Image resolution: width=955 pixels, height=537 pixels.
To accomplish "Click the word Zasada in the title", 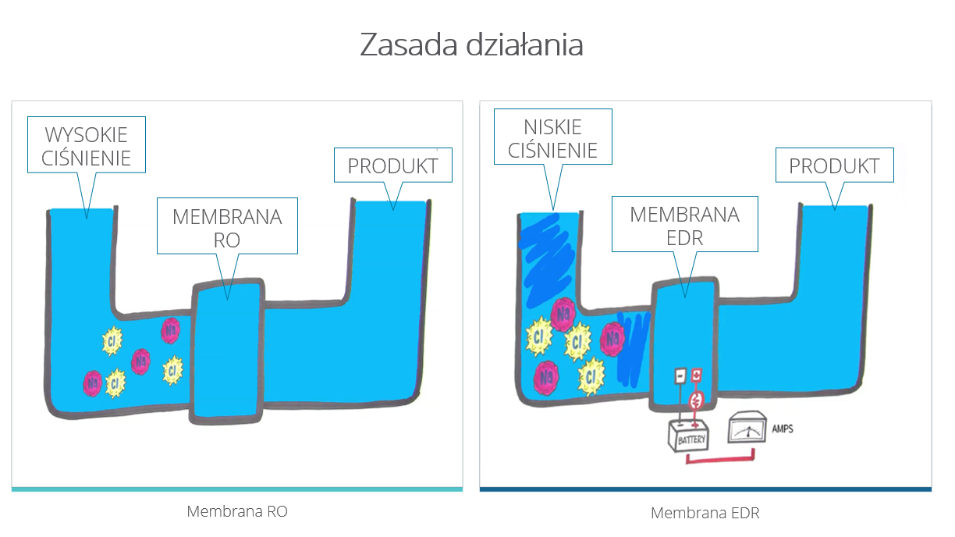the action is pos(408,44).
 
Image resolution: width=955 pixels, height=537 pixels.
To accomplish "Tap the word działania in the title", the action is pos(524,44).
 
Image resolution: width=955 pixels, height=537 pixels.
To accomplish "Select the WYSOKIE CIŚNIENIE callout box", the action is pos(87,144).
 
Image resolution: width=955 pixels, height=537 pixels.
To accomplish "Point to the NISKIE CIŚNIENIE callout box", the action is pos(553,137).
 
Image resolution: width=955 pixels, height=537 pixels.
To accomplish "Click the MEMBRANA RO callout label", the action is pos(227,226).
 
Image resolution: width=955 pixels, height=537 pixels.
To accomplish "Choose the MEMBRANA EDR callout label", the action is pos(685,224).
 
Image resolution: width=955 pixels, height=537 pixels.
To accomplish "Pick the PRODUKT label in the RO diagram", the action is pos(392,165).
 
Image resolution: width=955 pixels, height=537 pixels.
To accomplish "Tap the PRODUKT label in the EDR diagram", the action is pos(834,165).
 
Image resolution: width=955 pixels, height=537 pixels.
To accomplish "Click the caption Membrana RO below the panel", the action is pos(237,511).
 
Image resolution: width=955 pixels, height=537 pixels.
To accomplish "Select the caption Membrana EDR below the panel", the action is pos(705,512).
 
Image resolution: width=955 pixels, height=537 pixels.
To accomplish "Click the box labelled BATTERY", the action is pos(688,436).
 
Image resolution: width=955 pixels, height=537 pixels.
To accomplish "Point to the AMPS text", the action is pos(783,429).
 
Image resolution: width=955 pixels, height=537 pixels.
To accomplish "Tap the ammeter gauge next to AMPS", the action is pos(747,428).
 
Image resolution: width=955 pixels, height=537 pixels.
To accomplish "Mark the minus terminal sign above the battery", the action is pos(680,375).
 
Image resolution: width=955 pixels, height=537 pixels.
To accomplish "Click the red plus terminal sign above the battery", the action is pos(696,375).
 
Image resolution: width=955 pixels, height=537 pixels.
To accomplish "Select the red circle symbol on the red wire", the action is pos(696,400).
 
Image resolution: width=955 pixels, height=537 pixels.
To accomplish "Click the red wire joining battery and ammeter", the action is pos(719,460).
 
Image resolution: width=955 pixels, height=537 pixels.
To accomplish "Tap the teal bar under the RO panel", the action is pos(237,489).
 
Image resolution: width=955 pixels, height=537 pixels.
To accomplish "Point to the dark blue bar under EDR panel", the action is pos(705,489).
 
